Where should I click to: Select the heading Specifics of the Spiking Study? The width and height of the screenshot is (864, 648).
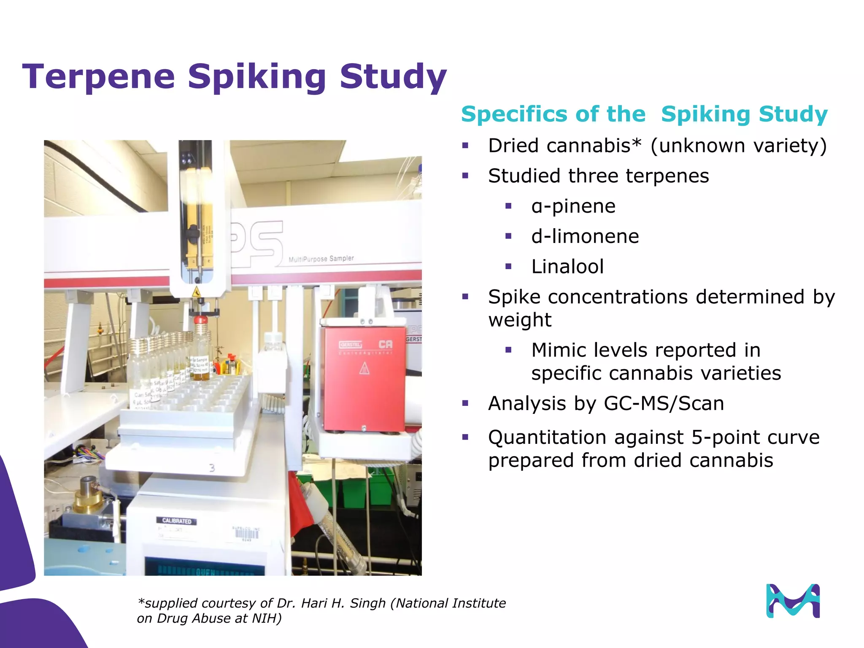[644, 114]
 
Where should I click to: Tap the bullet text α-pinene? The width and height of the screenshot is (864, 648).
[573, 206]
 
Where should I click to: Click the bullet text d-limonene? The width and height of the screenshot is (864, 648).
[585, 236]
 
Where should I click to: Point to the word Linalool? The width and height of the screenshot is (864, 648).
[567, 267]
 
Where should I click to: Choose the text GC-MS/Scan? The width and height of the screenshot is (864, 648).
[664, 403]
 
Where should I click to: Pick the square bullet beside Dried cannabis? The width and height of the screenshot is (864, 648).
[465, 146]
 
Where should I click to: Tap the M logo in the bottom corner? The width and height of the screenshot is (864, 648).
[793, 601]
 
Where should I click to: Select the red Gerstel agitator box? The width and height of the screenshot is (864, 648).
[364, 378]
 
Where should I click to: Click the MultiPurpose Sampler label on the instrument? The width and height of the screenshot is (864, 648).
[321, 259]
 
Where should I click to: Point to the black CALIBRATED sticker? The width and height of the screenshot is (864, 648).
[176, 521]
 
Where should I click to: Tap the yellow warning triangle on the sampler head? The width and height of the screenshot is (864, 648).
[196, 292]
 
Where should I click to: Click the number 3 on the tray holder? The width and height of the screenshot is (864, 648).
[212, 468]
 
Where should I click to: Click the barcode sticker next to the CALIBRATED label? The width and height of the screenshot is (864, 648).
[246, 534]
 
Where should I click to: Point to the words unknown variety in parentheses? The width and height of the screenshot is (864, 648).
[738, 146]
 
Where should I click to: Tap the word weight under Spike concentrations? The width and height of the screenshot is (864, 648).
[519, 320]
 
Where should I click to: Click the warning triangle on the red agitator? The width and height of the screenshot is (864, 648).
[364, 369]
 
